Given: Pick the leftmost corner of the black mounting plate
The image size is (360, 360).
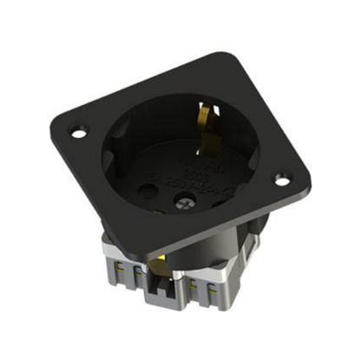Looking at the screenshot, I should pyautogui.click(x=54, y=121).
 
